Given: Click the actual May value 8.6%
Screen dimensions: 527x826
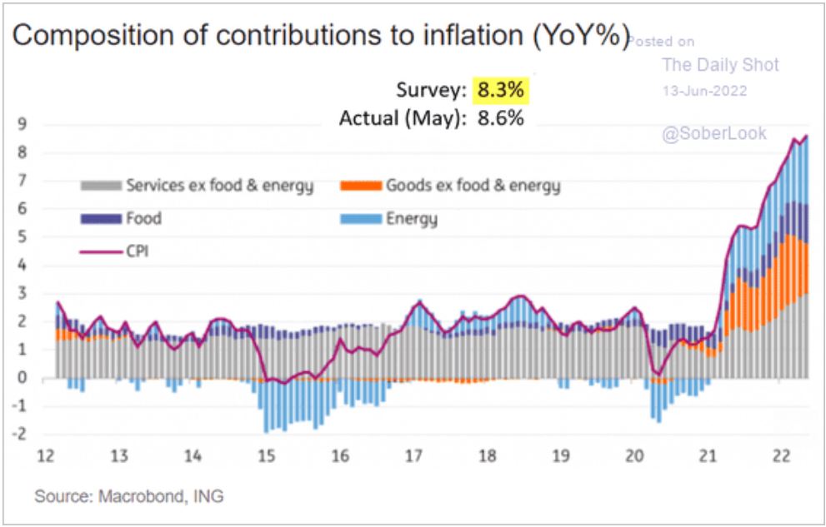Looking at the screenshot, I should pyautogui.click(x=500, y=118).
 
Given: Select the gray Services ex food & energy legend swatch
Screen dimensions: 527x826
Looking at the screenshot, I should pyautogui.click(x=100, y=186).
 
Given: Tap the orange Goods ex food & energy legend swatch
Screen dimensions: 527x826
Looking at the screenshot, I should pyautogui.click(x=360, y=186).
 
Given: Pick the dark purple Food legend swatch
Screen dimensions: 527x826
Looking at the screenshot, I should pyautogui.click(x=100, y=219).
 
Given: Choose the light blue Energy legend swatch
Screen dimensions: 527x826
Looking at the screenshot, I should pyautogui.click(x=360, y=219).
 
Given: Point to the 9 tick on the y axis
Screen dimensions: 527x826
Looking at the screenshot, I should pyautogui.click(x=25, y=125).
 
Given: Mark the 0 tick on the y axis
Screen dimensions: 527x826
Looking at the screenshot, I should pyautogui.click(x=25, y=379).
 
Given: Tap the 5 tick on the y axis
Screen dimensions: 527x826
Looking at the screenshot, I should pyautogui.click(x=25, y=238).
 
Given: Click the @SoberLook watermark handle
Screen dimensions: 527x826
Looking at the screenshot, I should pyautogui.click(x=713, y=133).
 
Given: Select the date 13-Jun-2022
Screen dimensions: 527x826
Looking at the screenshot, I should pyautogui.click(x=704, y=90).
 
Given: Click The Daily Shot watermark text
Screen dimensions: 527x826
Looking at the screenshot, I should pyautogui.click(x=720, y=65).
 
